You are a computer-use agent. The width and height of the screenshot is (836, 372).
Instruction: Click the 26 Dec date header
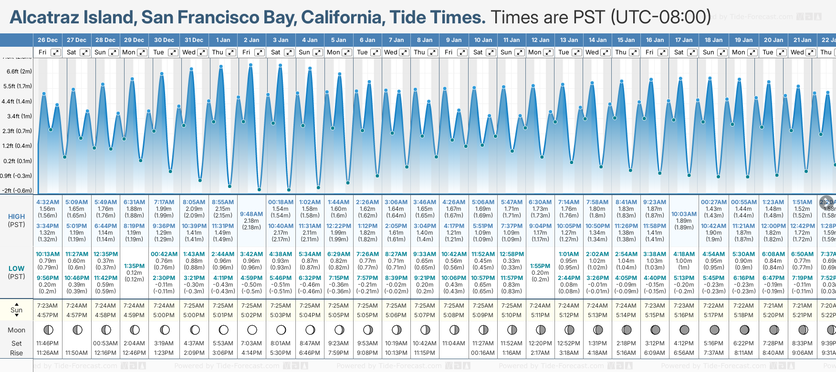click(48, 40)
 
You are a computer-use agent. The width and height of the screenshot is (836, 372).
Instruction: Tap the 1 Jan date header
click(223, 40)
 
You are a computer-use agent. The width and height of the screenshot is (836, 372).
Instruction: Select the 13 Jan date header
click(569, 40)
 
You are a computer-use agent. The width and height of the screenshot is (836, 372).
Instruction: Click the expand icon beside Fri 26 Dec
click(56, 52)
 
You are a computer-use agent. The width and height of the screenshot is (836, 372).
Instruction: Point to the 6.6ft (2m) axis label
click(19, 72)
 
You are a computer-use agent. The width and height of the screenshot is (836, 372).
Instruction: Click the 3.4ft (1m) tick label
click(19, 116)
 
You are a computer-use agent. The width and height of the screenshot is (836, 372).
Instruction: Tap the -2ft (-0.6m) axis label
click(17, 190)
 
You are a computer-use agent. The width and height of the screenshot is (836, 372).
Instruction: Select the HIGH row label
click(16, 217)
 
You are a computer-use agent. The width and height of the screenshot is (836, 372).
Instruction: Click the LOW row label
click(16, 269)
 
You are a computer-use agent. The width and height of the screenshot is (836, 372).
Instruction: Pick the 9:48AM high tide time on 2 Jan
click(251, 214)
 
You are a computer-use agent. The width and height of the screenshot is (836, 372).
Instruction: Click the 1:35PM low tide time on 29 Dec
click(134, 266)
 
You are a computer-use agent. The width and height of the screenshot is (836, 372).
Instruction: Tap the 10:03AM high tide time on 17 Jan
click(684, 214)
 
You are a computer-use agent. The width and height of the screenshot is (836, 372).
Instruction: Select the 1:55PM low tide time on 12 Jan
click(540, 266)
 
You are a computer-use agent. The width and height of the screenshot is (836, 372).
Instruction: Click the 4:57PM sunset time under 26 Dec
click(48, 315)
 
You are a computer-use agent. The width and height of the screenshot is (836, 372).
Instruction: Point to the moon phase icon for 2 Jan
click(252, 330)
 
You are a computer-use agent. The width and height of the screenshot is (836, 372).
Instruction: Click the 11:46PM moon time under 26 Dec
click(48, 343)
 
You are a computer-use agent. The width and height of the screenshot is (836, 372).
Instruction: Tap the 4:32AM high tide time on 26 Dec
click(48, 202)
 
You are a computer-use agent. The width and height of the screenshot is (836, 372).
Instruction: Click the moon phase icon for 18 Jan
click(714, 330)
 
